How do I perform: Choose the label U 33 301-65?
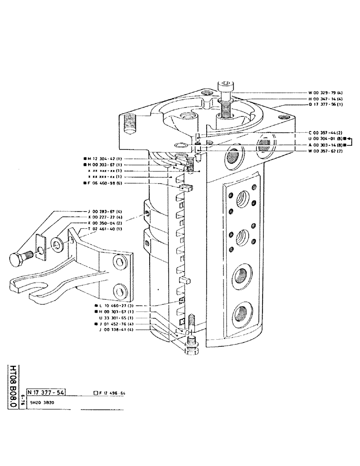pyautogui.click(x=117, y=317)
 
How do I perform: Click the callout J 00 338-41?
pyautogui.click(x=117, y=329)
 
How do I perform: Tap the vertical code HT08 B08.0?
pyautogui.click(x=13, y=386)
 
